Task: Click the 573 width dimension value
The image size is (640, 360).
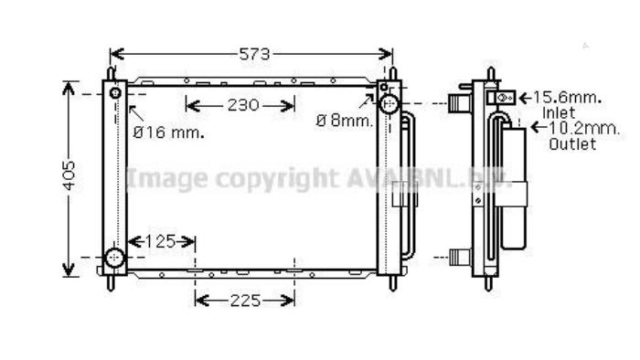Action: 255,55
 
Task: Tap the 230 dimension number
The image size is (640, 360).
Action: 242,105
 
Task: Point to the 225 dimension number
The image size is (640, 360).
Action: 244,300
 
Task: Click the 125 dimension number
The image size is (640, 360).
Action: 161,242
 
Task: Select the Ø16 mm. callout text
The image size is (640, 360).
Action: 168,132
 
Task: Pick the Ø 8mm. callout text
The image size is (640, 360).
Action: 346,120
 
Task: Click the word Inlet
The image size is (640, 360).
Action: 559,111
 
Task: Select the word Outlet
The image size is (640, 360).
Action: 572,144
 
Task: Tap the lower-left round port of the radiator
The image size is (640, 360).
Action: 115,259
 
